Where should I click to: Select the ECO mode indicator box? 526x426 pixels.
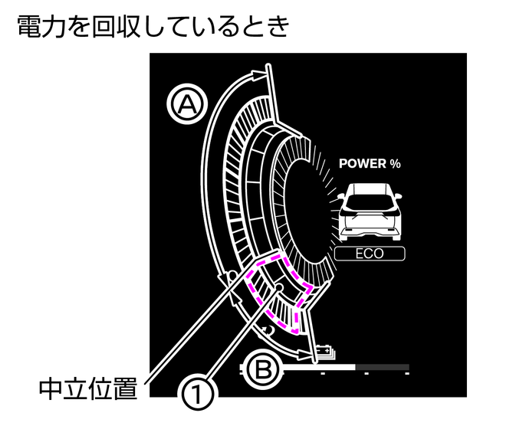(370, 254)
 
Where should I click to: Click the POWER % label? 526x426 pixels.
(370, 163)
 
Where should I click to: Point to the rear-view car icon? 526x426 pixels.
(370, 211)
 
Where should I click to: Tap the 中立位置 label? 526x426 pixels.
(89, 388)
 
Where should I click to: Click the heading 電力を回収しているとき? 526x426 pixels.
(153, 27)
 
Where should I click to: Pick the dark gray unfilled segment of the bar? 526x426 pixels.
(382, 367)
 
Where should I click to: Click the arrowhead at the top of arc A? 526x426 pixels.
(259, 74)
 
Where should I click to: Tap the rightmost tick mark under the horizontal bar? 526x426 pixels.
(407, 373)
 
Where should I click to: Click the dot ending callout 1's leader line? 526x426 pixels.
(278, 287)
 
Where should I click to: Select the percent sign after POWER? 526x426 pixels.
(396, 163)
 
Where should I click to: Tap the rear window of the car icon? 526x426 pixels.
(370, 202)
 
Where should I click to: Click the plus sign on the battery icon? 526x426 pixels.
(327, 351)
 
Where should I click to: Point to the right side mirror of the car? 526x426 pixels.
(398, 195)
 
